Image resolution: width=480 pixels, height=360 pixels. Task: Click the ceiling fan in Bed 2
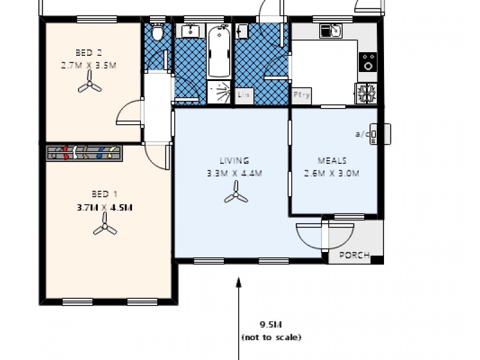point(89,85)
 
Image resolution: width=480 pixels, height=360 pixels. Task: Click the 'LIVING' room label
point(235,160)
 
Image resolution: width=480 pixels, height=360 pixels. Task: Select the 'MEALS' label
point(332,160)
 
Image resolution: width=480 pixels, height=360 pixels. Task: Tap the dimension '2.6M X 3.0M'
point(332,175)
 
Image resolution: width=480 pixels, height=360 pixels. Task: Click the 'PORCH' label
point(355,254)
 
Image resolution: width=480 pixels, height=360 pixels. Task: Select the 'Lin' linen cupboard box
point(244,95)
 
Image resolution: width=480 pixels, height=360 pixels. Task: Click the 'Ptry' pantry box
point(299,95)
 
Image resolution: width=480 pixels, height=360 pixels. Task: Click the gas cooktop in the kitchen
point(367,92)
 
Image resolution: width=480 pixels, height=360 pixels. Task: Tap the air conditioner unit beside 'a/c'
point(375,134)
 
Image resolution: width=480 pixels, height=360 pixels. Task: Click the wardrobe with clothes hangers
point(85,153)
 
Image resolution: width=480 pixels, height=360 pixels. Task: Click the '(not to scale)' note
point(271,337)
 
